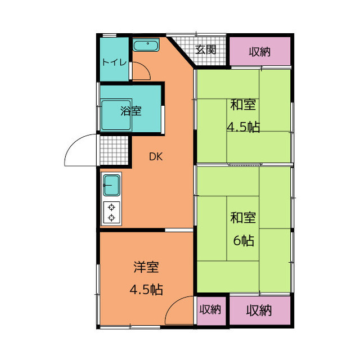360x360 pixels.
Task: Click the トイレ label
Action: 114,62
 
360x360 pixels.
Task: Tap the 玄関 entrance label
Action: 206,49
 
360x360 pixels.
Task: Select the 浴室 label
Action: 131,111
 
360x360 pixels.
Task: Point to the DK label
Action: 156,156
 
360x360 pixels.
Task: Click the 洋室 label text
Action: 146,267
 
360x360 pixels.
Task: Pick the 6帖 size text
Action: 244,241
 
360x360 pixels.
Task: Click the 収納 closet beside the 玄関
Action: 260,51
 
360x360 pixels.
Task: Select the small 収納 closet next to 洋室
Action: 211,310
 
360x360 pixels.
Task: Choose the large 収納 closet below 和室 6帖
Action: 260,310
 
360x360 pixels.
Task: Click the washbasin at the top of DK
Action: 146,45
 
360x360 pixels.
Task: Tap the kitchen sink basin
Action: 111,185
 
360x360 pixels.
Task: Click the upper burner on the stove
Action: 111,207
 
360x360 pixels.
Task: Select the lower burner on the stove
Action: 111,218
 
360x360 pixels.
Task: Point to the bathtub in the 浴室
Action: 116,115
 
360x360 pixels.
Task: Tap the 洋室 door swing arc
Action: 174,304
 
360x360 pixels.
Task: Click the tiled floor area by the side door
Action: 114,150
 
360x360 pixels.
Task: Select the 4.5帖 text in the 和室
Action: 244,127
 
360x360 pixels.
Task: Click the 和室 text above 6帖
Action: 243,217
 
